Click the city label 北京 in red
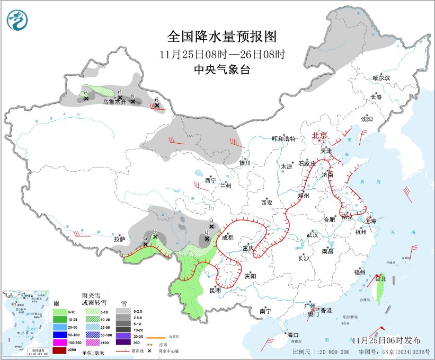tap(320, 135)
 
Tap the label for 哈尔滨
tap(380, 78)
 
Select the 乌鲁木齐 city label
tap(113, 102)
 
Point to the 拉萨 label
tap(119, 239)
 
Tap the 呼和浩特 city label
tap(283, 138)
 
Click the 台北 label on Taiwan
tap(380, 278)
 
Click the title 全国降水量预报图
tap(222, 37)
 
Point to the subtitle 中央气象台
tap(222, 70)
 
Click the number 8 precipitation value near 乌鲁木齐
tap(132, 95)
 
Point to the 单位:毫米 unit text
tap(93, 353)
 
